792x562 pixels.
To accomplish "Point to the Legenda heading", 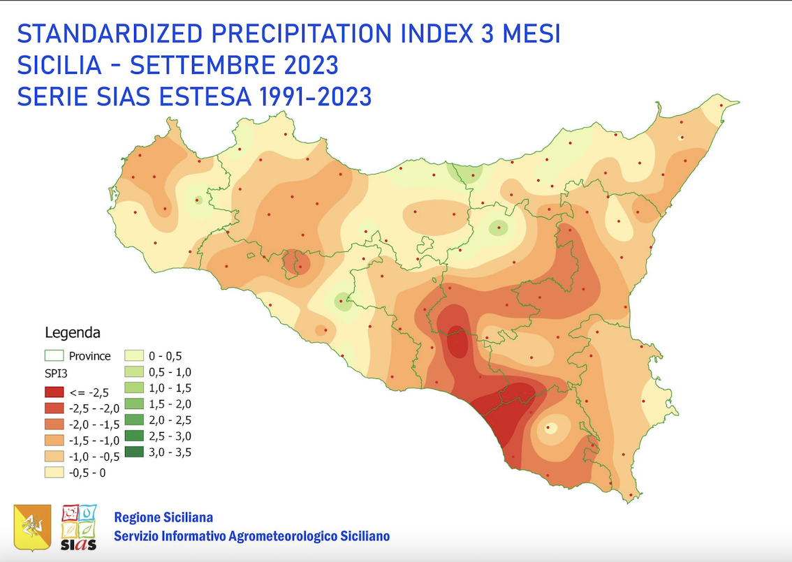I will tap(73, 332).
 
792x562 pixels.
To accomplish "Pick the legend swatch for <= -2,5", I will tap(54, 392).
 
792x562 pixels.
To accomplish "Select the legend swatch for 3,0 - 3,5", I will tap(134, 452).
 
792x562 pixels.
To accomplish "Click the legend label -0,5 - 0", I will tap(88, 473).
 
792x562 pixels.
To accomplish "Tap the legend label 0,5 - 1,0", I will tap(170, 372).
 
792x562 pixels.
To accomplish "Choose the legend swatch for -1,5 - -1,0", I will tap(54, 441).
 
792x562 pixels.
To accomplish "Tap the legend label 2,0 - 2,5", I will tap(170, 420).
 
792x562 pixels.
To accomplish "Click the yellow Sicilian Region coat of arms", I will tap(32, 527).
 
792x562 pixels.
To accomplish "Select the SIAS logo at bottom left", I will tap(79, 527).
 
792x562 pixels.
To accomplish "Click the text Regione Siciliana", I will tap(163, 518).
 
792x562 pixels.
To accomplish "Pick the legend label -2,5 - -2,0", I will tap(95, 408).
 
